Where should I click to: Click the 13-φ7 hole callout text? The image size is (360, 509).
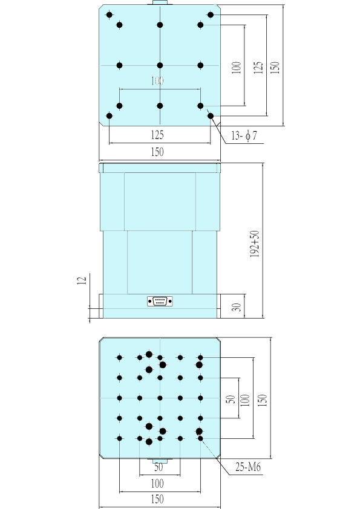[244, 135]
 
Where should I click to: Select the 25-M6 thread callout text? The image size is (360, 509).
[248, 467]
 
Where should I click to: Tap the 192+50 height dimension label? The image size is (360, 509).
[255, 244]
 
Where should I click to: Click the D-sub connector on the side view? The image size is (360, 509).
[160, 301]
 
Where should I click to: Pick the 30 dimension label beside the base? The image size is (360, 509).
[238, 307]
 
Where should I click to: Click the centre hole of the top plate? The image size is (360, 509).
[160, 65]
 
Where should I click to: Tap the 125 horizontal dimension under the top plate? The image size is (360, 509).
[157, 135]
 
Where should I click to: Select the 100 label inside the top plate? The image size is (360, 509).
[157, 80]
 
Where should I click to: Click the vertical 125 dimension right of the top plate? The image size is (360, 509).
[258, 68]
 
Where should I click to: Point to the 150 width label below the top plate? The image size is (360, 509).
[157, 152]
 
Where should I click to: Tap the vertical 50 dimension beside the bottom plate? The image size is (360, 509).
[230, 399]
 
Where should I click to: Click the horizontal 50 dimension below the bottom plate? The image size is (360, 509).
[159, 467]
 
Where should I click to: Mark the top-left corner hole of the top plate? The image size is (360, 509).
[110, 15]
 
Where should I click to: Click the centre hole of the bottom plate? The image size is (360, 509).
[160, 398]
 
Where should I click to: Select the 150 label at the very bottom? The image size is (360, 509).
[157, 499]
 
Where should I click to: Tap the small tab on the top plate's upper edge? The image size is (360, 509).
[160, 3]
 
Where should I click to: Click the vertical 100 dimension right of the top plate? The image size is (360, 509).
[237, 68]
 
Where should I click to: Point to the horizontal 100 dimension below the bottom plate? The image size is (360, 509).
[157, 484]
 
